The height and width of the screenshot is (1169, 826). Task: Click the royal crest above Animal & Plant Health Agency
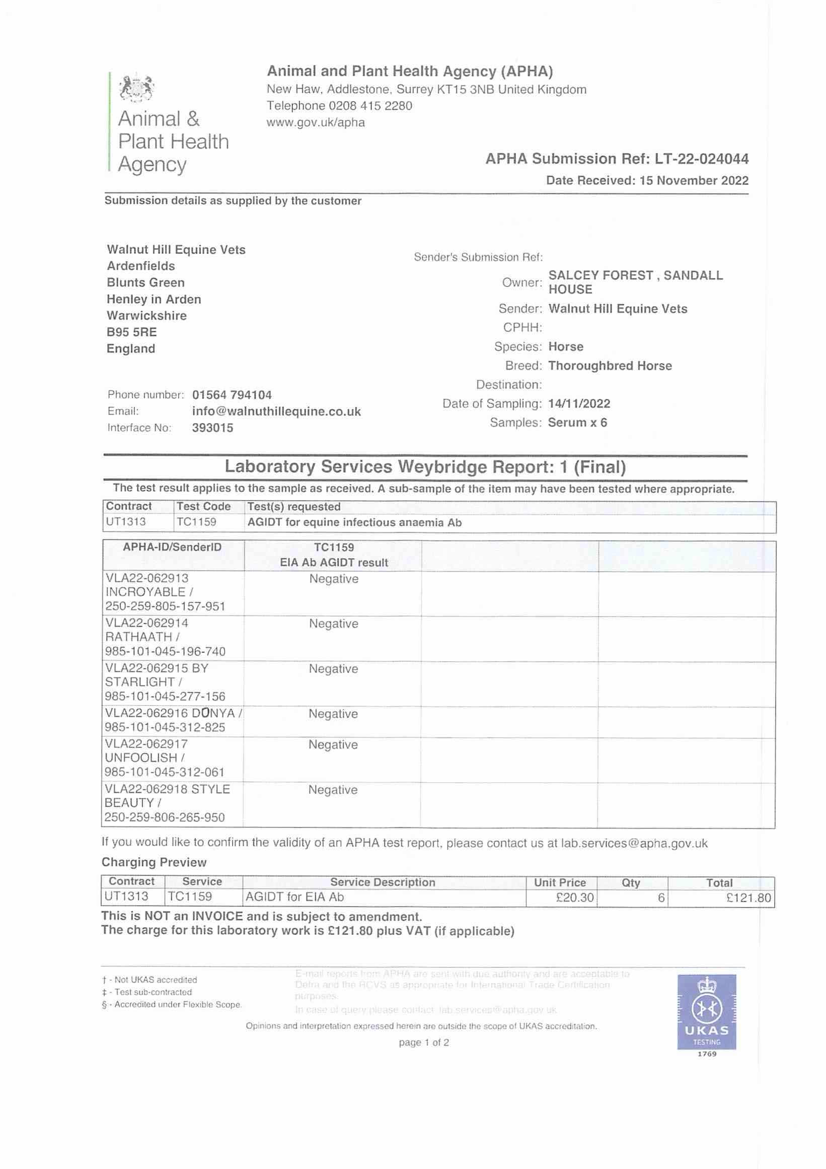136,87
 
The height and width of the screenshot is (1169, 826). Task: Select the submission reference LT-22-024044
701,159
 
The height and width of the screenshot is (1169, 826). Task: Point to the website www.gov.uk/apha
316,123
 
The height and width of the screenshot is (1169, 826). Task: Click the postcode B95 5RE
131,332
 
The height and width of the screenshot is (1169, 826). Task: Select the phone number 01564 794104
232,395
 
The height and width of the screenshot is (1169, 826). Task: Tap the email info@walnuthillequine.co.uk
276,411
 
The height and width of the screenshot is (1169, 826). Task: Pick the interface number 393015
212,428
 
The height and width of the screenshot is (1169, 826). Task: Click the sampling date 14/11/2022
579,404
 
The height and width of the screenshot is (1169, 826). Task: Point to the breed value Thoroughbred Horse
610,366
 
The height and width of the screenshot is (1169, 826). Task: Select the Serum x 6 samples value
577,423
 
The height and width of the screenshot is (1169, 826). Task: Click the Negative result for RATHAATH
333,624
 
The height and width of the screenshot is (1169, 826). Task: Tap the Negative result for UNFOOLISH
333,745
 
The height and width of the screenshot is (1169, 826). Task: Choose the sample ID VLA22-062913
146,578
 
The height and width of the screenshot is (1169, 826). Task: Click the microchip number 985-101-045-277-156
165,696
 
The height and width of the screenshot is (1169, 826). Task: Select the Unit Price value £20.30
575,898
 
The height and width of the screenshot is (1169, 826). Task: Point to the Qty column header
631,883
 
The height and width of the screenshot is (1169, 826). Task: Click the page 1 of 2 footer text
423,1042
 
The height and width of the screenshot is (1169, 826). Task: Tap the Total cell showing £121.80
748,898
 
